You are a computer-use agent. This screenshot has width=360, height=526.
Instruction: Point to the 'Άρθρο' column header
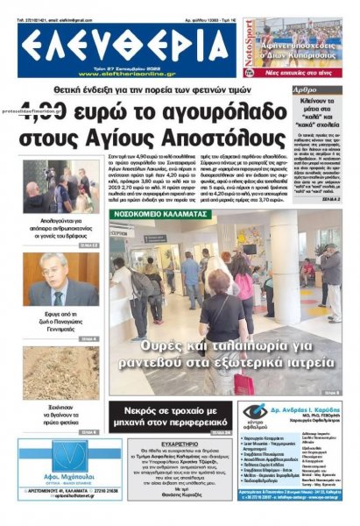click(x=306, y=89)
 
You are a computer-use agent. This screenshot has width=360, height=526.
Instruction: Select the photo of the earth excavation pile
click(x=60, y=373)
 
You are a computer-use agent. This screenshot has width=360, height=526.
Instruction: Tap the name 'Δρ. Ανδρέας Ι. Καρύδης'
click(x=306, y=409)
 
